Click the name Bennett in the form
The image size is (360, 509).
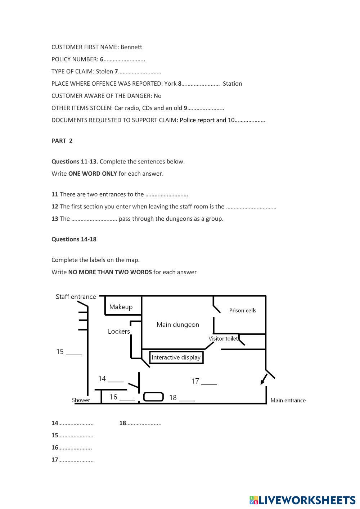pyautogui.click(x=131, y=47)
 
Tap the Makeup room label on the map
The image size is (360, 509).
pyautogui.click(x=121, y=307)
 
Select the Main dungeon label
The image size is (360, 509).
pyautogui.click(x=177, y=324)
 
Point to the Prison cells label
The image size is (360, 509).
pyautogui.click(x=242, y=310)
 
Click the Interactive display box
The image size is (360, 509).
pyautogui.click(x=176, y=357)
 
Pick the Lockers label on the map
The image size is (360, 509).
pyautogui.click(x=119, y=331)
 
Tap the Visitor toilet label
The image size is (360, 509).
pyautogui.click(x=223, y=338)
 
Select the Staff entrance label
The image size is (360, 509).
pyautogui.click(x=76, y=297)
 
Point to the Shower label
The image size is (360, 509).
pyautogui.click(x=81, y=400)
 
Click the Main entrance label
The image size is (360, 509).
pyautogui.click(x=288, y=400)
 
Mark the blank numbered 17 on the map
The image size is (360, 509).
pyautogui.click(x=209, y=382)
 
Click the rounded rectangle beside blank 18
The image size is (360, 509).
pyautogui.click(x=153, y=397)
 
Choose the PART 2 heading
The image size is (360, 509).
pyautogui.click(x=62, y=141)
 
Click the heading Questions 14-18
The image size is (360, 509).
pyautogui.click(x=74, y=239)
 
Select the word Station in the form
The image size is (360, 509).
pyautogui.click(x=232, y=84)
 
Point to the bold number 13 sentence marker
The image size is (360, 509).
pyautogui.click(x=55, y=219)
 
